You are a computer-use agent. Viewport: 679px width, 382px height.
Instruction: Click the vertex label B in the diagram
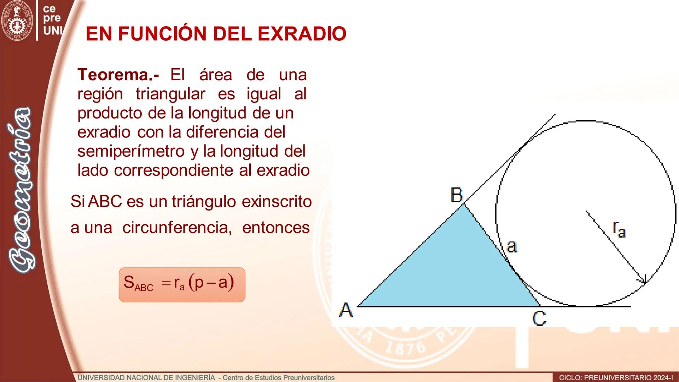coord(457,195)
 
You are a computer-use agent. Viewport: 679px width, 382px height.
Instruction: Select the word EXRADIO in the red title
coord(302,34)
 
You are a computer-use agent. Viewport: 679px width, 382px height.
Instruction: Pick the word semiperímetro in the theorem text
coord(131,151)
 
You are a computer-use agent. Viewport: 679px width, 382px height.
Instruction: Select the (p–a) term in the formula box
coord(211,282)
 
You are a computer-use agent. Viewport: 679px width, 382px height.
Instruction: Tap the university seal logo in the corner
coord(17,21)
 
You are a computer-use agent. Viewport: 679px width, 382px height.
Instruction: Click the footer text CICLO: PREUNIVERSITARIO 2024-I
coord(616,378)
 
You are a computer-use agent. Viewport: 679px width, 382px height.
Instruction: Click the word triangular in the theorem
coord(170,94)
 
